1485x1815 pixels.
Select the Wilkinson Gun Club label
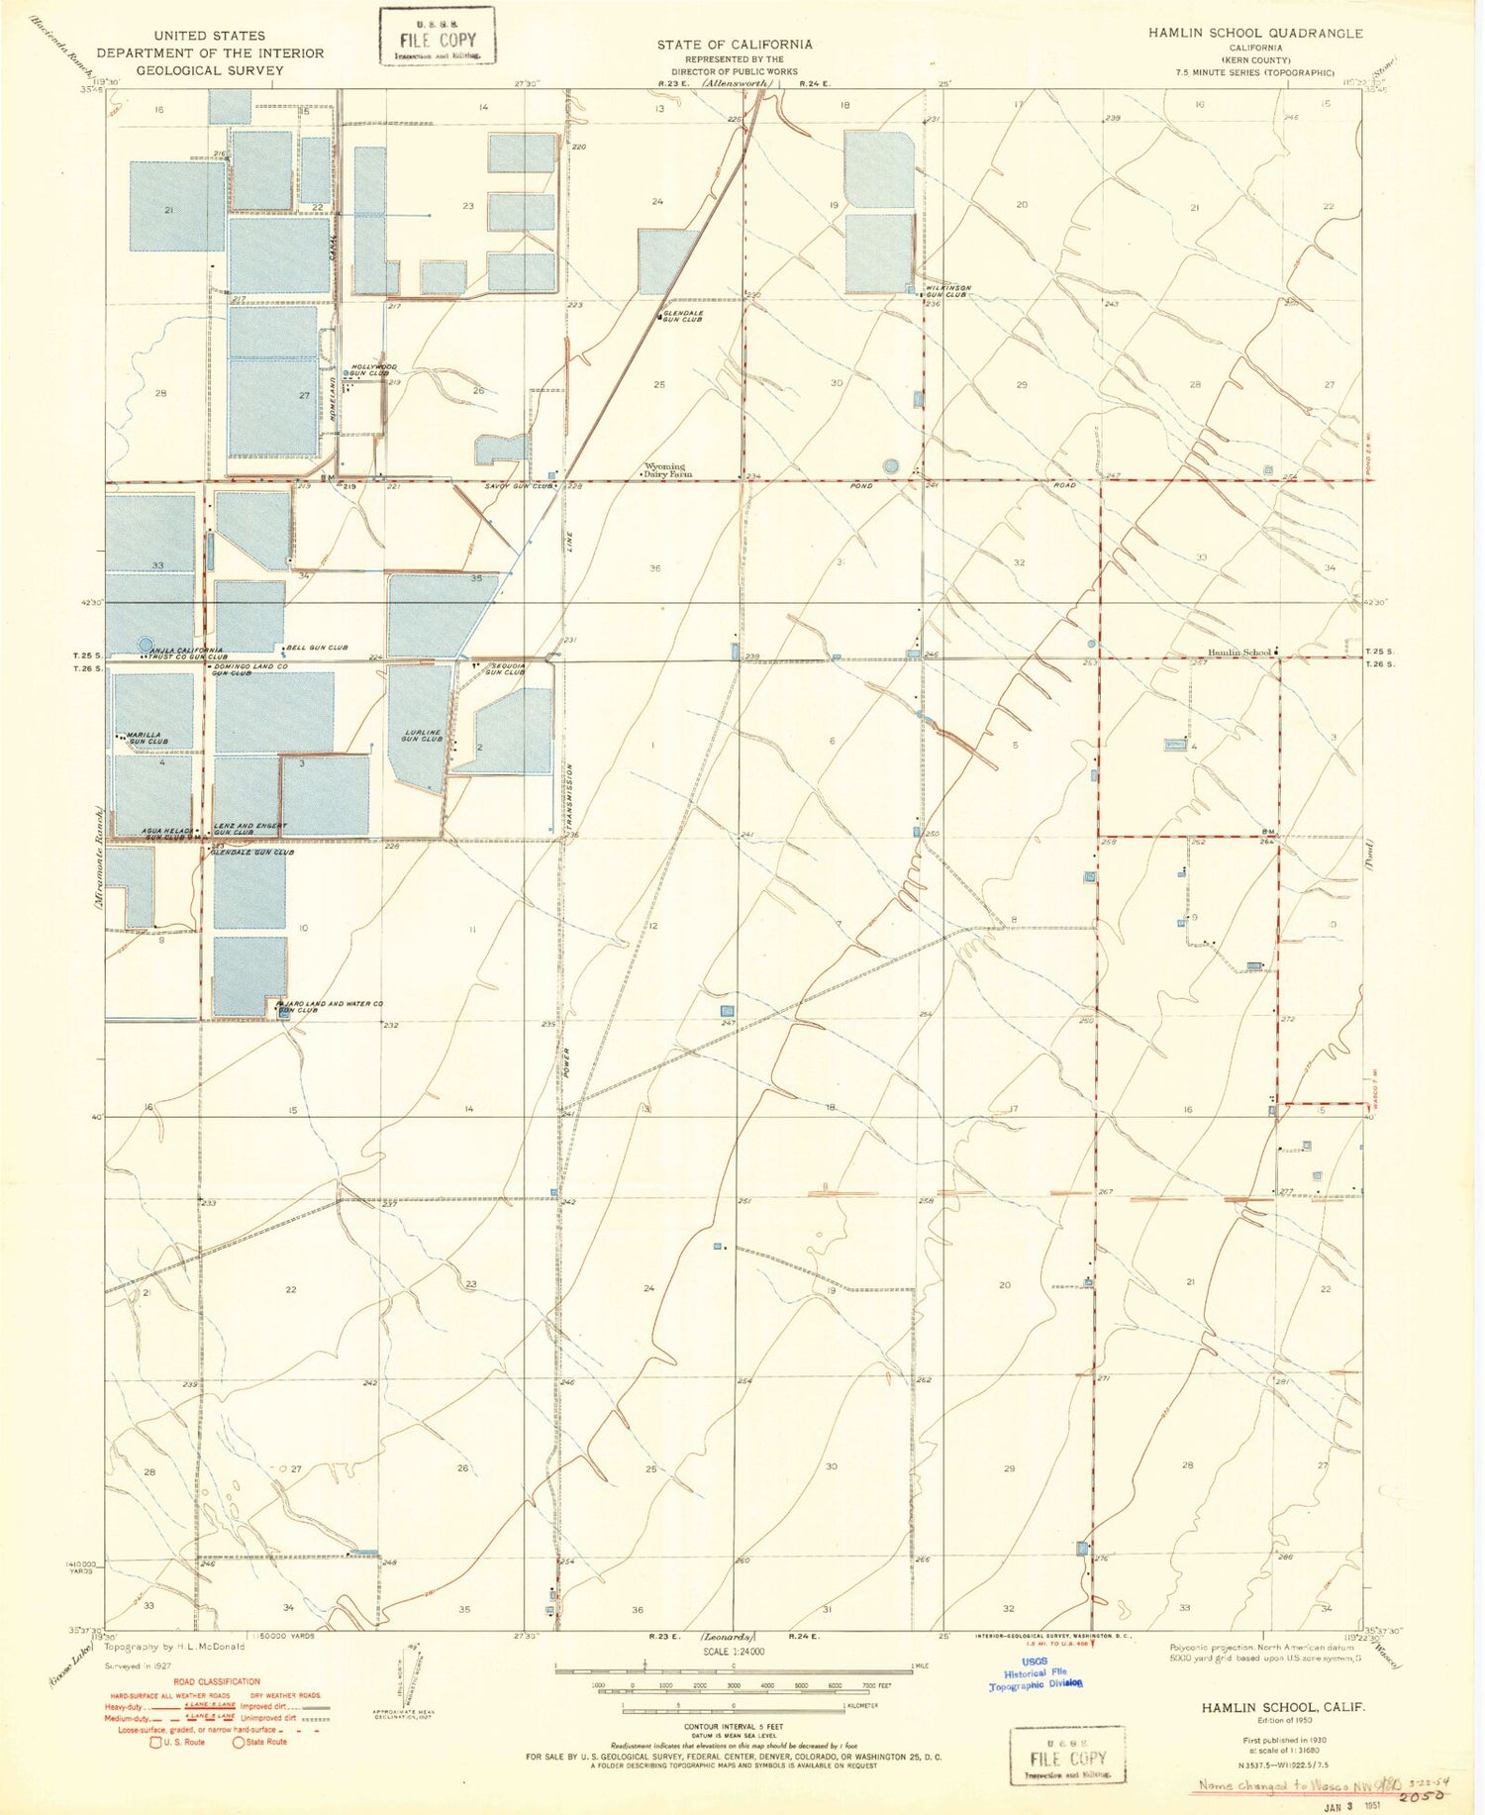[947, 291]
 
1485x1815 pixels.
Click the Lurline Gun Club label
[423, 737]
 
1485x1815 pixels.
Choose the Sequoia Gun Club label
[505, 669]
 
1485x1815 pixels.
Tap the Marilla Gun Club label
[147, 739]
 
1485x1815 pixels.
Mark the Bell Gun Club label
[317, 648]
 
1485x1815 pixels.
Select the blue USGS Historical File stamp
[1036, 1672]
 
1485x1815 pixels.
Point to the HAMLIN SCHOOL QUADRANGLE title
[1255, 34]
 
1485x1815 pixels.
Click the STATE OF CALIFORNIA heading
[735, 45]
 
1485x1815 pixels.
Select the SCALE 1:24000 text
[735, 1652]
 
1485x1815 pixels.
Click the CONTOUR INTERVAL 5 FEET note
[734, 1726]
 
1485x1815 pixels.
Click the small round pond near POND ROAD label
[890, 465]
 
